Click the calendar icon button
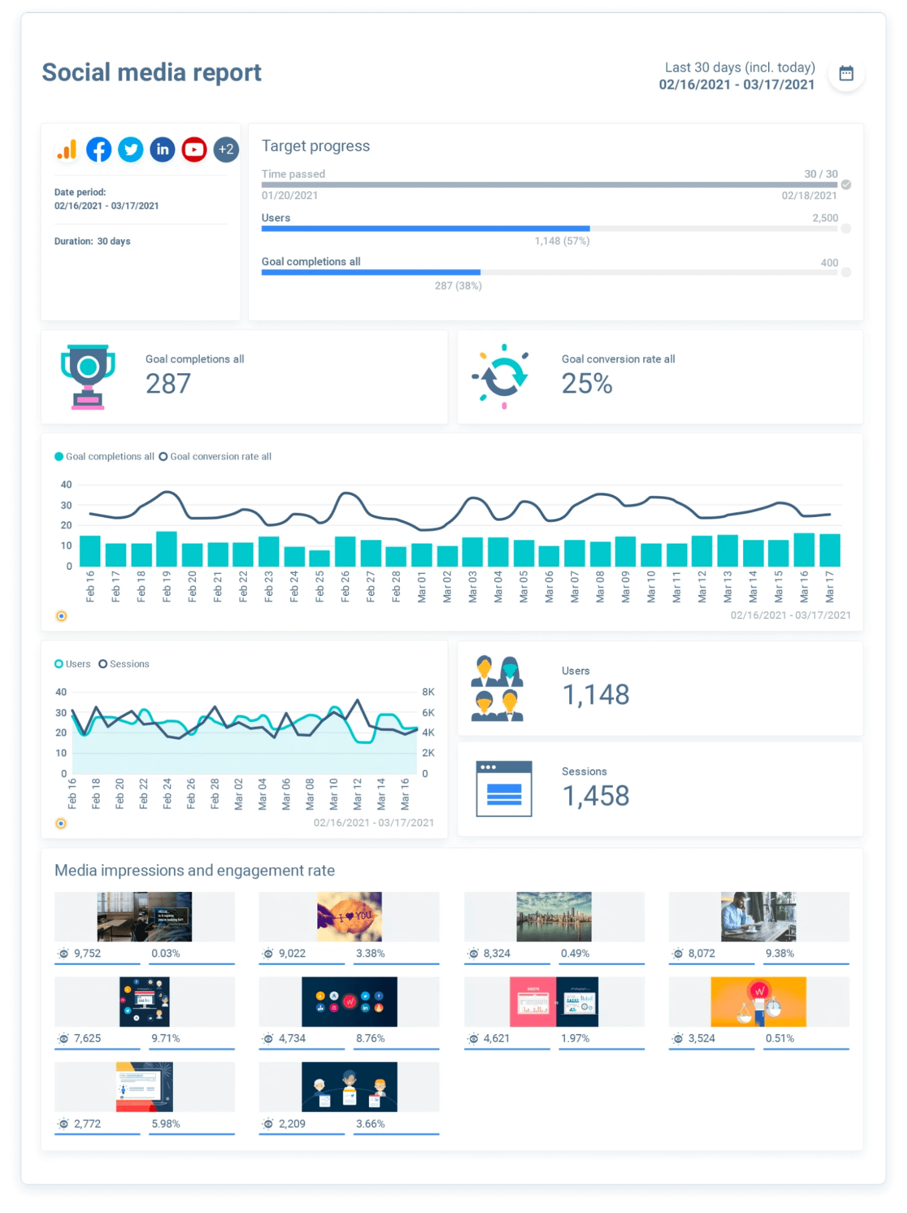(x=846, y=73)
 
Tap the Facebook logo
(x=99, y=149)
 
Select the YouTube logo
(x=194, y=149)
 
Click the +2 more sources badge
(x=226, y=149)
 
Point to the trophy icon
(x=88, y=377)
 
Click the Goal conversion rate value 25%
(x=587, y=383)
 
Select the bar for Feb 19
(x=166, y=549)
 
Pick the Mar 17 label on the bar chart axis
(x=829, y=586)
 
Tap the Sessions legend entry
(x=124, y=664)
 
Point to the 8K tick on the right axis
(x=428, y=692)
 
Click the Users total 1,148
(x=596, y=695)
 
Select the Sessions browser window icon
(x=504, y=789)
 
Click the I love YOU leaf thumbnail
(x=349, y=916)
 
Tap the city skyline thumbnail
(x=554, y=916)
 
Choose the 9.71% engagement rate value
(x=166, y=1038)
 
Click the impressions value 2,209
(x=292, y=1124)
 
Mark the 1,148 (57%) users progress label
(x=562, y=241)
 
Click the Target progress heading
(x=315, y=146)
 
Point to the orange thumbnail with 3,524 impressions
(x=758, y=1001)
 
